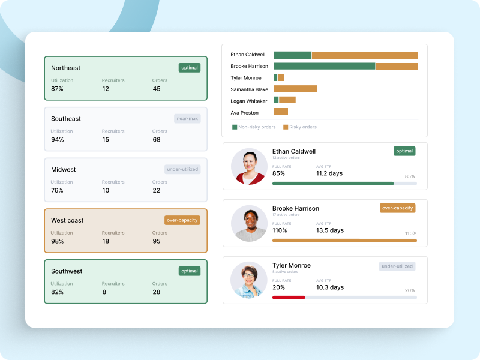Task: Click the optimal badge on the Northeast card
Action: (190, 68)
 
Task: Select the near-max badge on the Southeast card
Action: (188, 119)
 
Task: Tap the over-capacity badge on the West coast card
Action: (182, 220)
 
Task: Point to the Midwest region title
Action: (64, 170)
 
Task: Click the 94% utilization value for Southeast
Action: (58, 140)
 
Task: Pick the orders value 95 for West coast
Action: (157, 241)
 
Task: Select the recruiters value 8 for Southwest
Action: (104, 292)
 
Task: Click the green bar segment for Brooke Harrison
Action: (324, 66)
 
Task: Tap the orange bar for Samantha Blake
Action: (295, 89)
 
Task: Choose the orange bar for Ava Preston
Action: (281, 112)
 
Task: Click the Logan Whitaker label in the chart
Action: (248, 101)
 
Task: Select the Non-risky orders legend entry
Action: (254, 127)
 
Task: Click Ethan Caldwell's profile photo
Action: (249, 166)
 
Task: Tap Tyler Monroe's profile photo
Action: (249, 280)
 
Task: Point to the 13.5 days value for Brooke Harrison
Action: (330, 230)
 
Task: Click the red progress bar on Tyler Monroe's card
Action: (289, 297)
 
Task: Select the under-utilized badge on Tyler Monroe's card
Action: (397, 266)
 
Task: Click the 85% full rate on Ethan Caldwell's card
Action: (279, 174)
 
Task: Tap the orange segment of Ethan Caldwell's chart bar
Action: (365, 55)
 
